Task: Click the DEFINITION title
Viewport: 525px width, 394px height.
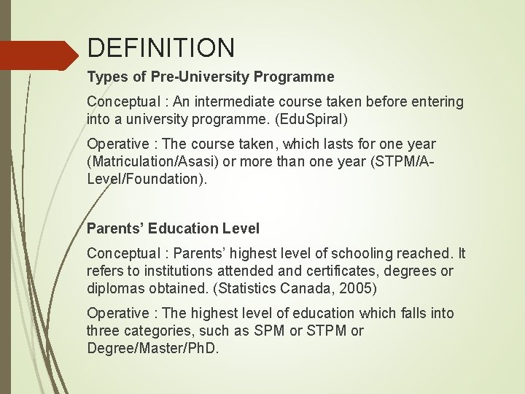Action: [161, 48]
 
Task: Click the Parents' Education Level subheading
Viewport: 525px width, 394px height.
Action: [173, 228]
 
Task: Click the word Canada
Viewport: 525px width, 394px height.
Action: [308, 288]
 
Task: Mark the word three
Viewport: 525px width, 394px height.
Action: [105, 331]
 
